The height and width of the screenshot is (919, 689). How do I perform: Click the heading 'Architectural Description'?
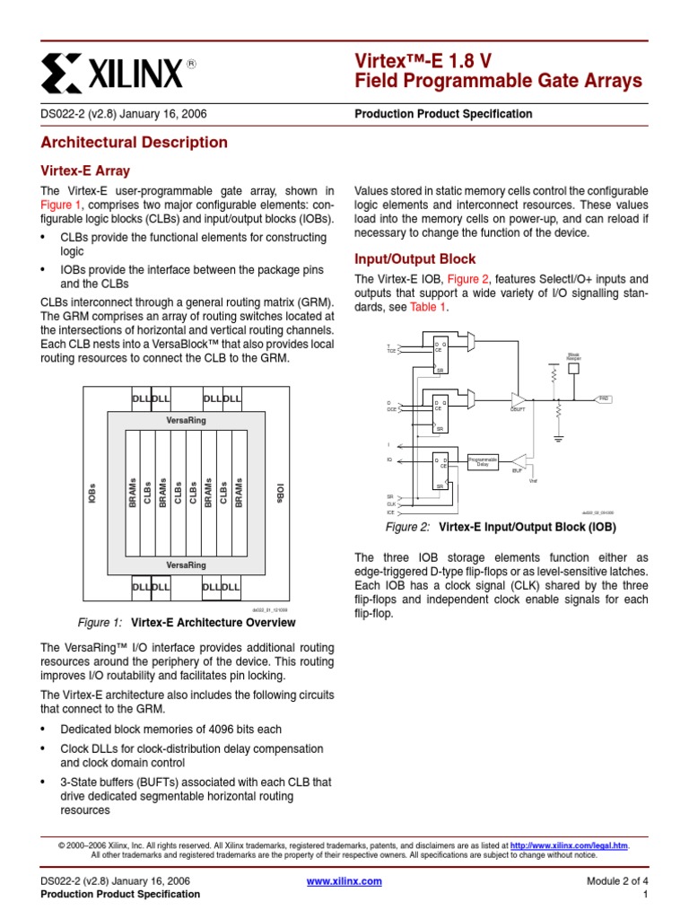point(135,142)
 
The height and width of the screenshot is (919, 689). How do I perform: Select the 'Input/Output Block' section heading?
point(415,258)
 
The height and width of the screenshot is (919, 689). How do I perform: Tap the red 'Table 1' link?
point(427,307)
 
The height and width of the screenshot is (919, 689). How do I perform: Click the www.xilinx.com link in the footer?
point(344,881)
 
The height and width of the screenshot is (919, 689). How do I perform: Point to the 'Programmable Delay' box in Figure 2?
point(483,462)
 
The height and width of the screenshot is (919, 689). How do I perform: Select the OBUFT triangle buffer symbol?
point(518,398)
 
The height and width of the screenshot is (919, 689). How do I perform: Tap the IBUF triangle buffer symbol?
point(518,459)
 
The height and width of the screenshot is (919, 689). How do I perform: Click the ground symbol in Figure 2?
point(558,437)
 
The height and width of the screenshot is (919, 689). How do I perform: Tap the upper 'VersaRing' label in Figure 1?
point(186,420)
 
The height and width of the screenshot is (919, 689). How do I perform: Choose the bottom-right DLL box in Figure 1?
point(231,587)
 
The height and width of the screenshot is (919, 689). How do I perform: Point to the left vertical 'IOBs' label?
point(92,493)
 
